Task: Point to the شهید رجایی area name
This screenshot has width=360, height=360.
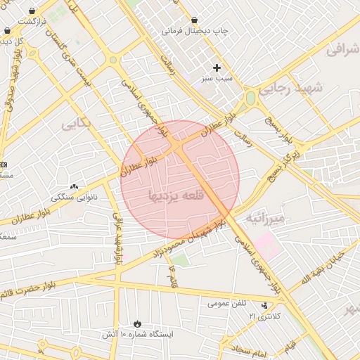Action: [x=289, y=89]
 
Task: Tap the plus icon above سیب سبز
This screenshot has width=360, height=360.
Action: [x=217, y=67]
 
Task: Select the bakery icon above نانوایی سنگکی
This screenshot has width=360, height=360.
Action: [x=75, y=186]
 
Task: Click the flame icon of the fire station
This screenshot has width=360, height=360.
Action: [x=136, y=323]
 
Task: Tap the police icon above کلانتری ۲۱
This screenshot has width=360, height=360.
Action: [x=264, y=306]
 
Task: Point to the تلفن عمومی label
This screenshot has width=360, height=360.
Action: [x=226, y=303]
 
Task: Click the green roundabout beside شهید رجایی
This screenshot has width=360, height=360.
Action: [x=250, y=98]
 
